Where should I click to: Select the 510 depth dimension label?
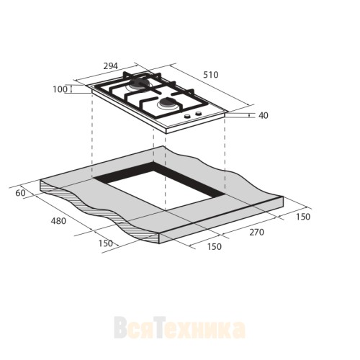[x=210, y=74]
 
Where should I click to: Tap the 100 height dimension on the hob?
[x=60, y=89]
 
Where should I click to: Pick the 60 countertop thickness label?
[x=20, y=192]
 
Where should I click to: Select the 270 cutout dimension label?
[x=257, y=232]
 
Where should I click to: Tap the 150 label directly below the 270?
[x=214, y=247]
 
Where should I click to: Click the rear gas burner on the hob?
[x=137, y=88]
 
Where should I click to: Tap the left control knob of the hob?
[x=187, y=117]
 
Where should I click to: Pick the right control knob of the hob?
[x=198, y=114]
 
